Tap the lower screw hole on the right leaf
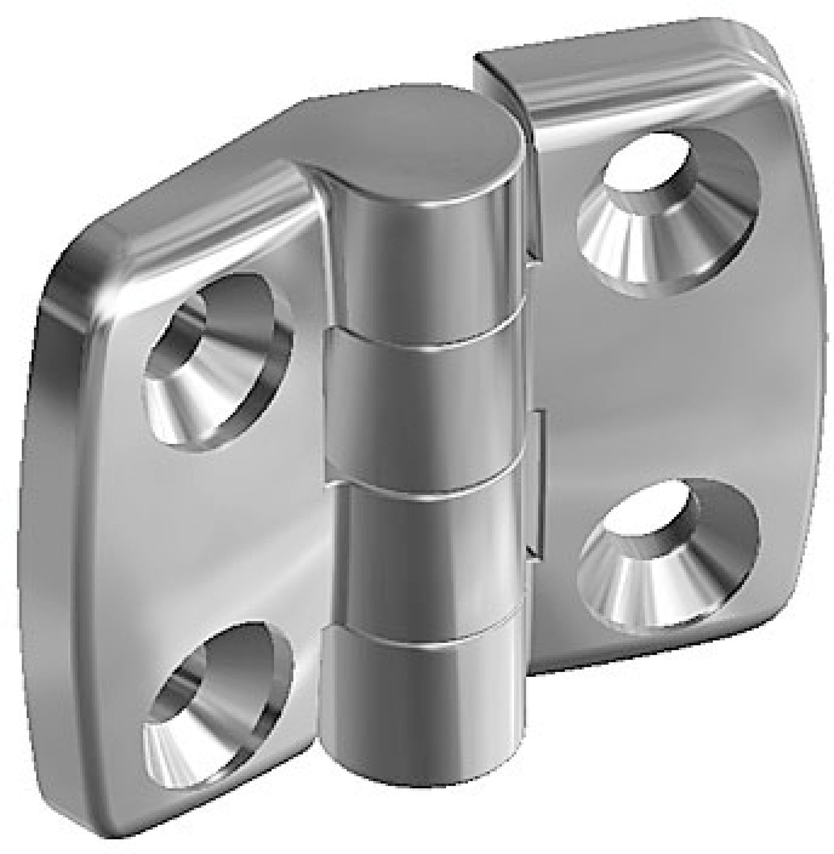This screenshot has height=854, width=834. tap(670, 553)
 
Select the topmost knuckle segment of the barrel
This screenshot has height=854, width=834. tap(417, 271)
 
